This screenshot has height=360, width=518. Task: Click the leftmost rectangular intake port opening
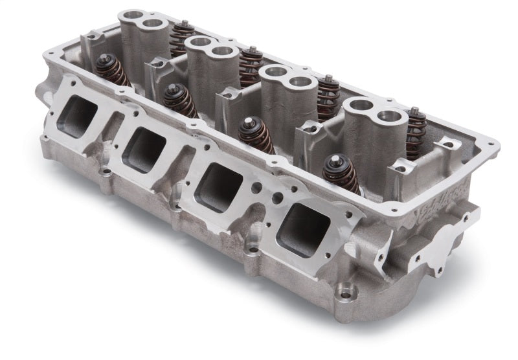[77, 115]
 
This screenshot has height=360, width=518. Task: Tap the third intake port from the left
[216, 184]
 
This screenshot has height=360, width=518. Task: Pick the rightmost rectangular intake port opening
[303, 229]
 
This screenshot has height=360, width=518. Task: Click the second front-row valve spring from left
[179, 101]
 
